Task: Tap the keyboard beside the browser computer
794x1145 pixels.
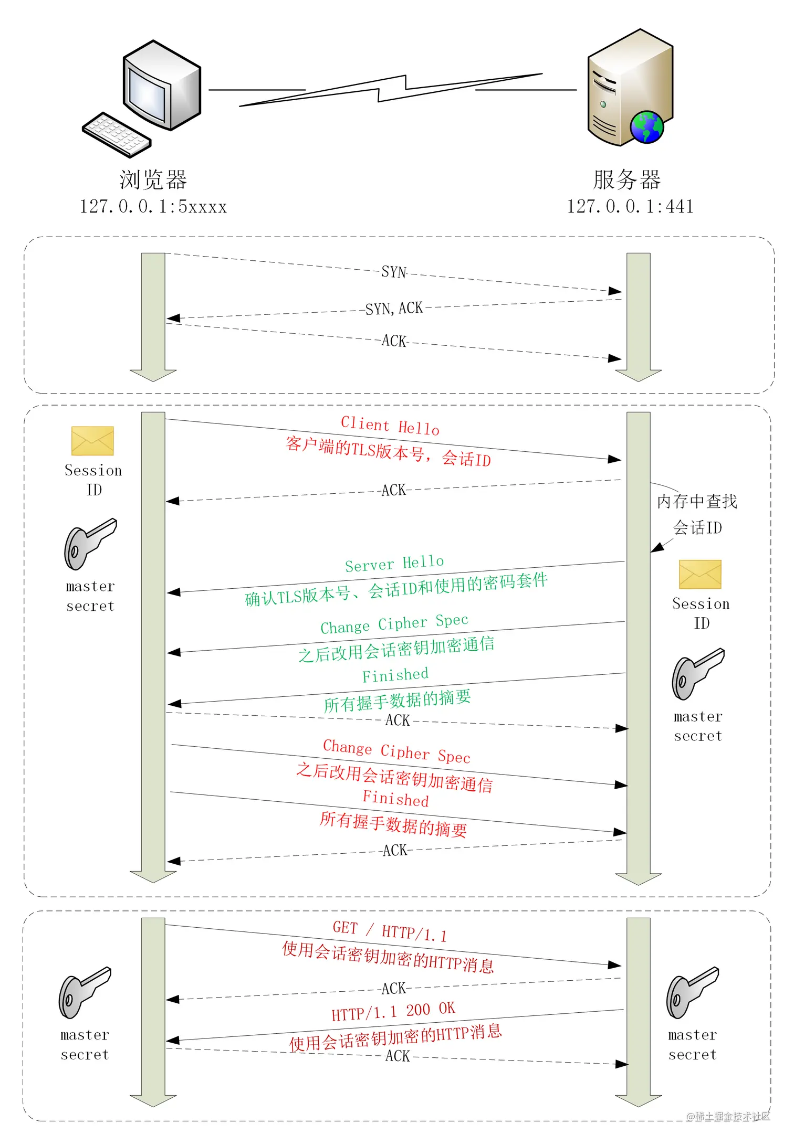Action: click(117, 135)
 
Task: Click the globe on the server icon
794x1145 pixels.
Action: click(646, 127)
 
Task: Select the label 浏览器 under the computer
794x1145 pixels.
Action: click(153, 180)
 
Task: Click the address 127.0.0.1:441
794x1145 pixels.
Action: click(630, 207)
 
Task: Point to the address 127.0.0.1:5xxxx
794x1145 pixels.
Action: click(153, 207)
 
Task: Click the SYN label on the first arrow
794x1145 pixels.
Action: click(394, 272)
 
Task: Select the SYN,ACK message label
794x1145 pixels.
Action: click(394, 308)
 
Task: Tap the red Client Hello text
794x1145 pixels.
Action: click(390, 425)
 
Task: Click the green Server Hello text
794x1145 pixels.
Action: click(394, 564)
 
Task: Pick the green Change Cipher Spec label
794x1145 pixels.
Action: click(394, 624)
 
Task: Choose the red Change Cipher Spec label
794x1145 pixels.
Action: click(396, 751)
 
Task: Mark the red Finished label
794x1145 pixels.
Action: click(395, 798)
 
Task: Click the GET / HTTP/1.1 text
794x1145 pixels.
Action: click(390, 931)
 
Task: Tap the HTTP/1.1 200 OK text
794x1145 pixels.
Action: click(393, 1011)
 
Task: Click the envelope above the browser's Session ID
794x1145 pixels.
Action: click(92, 441)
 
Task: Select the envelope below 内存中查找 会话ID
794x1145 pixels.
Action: click(699, 574)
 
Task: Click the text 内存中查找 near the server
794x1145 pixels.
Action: click(697, 502)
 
